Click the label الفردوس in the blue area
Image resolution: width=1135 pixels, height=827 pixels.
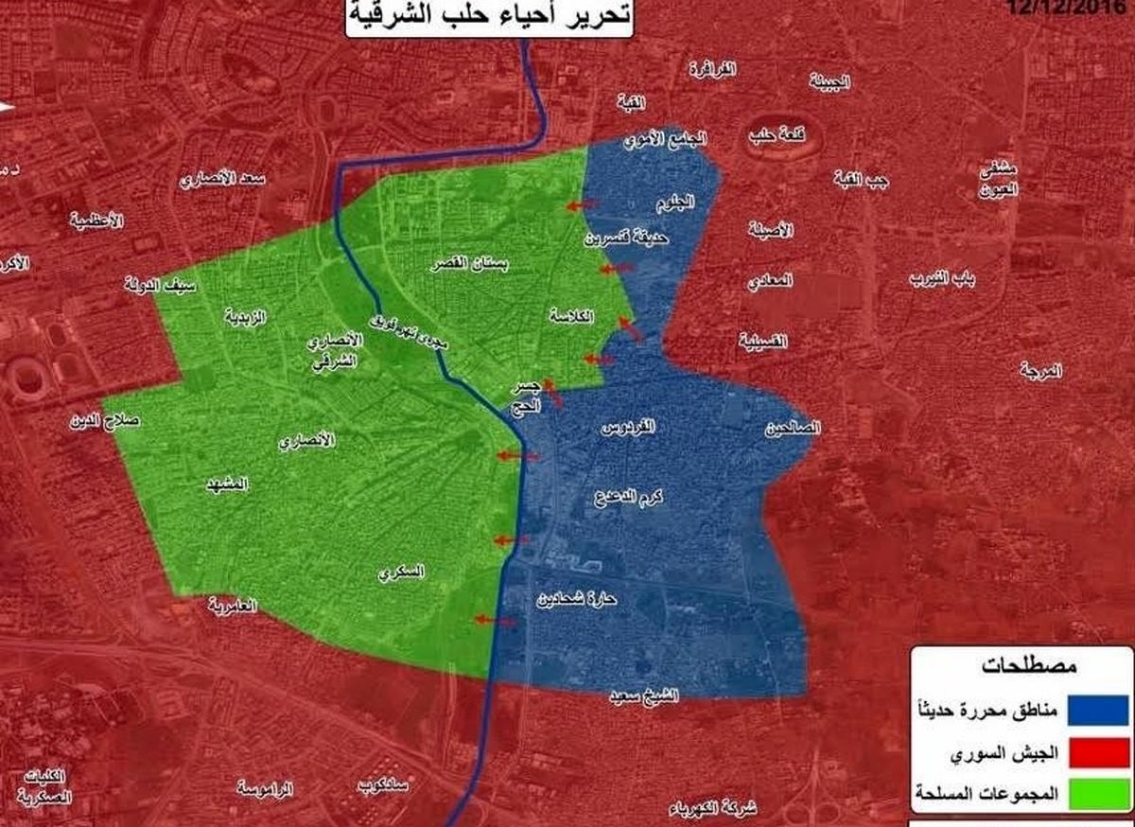click(628, 428)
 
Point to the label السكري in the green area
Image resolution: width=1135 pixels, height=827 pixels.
click(401, 572)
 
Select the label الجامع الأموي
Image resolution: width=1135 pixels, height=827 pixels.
click(666, 139)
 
